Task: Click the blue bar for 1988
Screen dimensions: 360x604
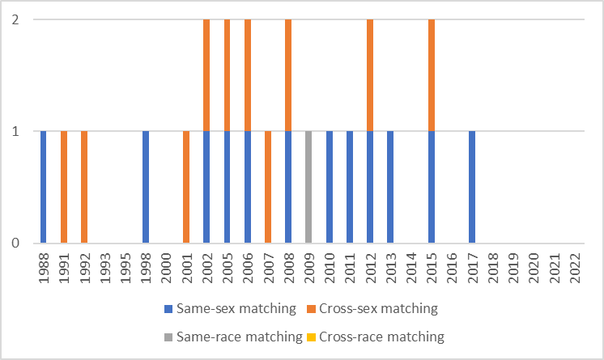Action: click(x=44, y=187)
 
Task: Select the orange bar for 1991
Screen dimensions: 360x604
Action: click(x=64, y=187)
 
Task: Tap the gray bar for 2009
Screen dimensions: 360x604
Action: click(x=308, y=187)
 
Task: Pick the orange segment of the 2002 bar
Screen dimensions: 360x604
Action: click(x=206, y=75)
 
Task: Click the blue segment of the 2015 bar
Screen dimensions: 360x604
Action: click(x=431, y=187)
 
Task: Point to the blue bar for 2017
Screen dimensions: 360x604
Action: click(x=472, y=187)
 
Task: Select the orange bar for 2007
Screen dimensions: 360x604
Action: click(x=268, y=187)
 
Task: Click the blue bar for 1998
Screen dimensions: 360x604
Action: click(x=146, y=187)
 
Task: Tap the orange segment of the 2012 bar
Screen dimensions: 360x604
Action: click(x=370, y=75)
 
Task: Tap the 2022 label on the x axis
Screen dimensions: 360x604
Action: click(x=575, y=266)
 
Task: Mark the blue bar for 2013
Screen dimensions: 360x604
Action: click(x=390, y=187)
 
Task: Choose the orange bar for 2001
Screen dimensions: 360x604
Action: click(x=186, y=187)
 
